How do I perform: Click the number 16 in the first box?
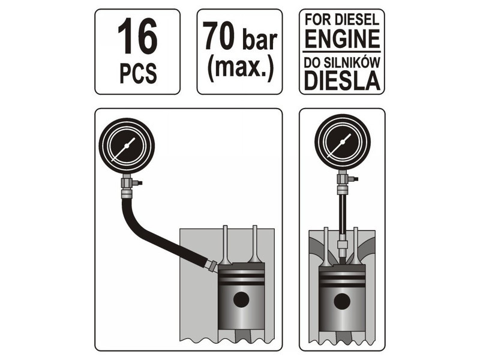[x=137, y=37]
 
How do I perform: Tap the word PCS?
[x=138, y=73]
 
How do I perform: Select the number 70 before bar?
[x=218, y=35]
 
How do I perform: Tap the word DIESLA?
[x=342, y=80]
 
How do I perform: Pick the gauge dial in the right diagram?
[x=342, y=143]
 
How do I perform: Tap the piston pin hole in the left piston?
[x=241, y=299]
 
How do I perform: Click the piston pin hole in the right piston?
[x=342, y=302]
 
